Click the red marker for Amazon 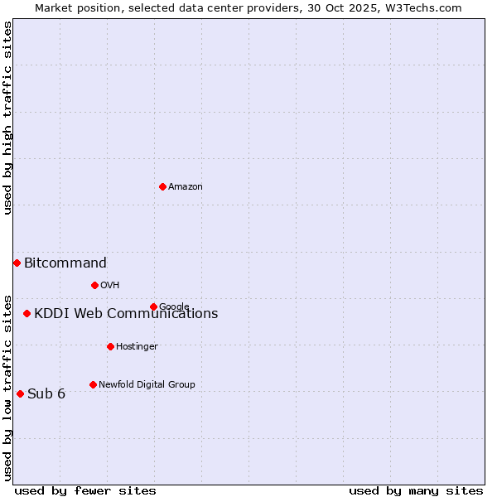pyautogui.click(x=162, y=186)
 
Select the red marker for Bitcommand pyautogui.click(x=17, y=263)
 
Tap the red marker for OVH pyautogui.click(x=94, y=285)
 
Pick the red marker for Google pyautogui.click(x=153, y=306)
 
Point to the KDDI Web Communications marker pyautogui.click(x=27, y=313)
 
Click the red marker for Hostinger pyautogui.click(x=110, y=346)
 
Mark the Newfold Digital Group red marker pyautogui.click(x=93, y=384)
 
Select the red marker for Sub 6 pyautogui.click(x=20, y=393)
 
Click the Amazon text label pyautogui.click(x=186, y=187)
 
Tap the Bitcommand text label pyautogui.click(x=65, y=263)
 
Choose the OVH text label pyautogui.click(x=110, y=286)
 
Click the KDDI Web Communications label pyautogui.click(x=126, y=314)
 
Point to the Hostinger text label pyautogui.click(x=137, y=347)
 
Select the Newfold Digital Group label pyautogui.click(x=147, y=384)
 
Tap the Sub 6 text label pyautogui.click(x=46, y=393)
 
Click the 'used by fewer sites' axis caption pyautogui.click(x=85, y=490)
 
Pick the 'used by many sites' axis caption pyautogui.click(x=416, y=490)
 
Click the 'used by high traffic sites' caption pyautogui.click(x=8, y=118)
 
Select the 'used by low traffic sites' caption pyautogui.click(x=8, y=387)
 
